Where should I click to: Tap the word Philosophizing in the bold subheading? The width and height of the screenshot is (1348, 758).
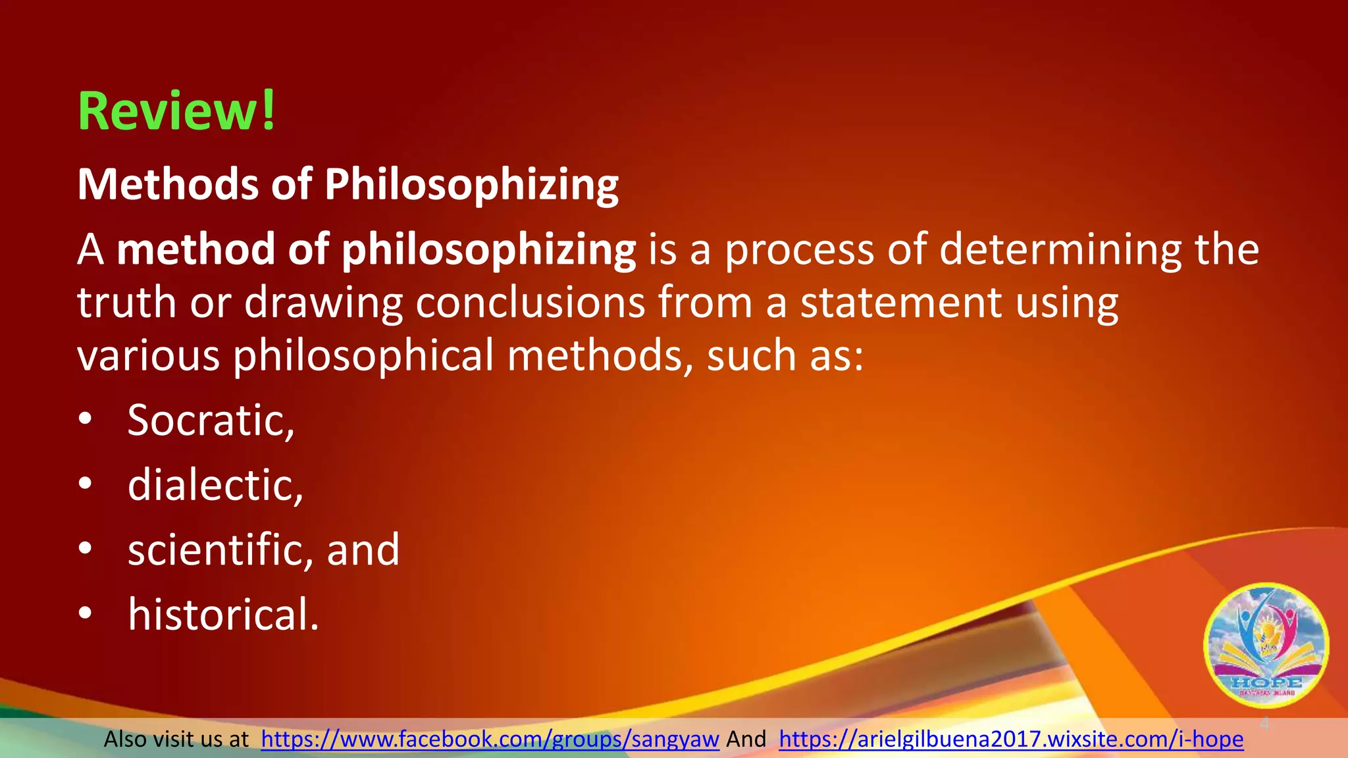click(x=471, y=185)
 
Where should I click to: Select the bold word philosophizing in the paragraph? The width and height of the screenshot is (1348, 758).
click(x=488, y=251)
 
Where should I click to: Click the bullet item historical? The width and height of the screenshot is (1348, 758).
click(x=223, y=614)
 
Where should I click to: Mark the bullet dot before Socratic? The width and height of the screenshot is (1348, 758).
click(x=86, y=420)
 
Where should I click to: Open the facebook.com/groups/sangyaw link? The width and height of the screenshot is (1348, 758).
click(x=490, y=739)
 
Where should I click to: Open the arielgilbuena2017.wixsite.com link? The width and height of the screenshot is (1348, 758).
click(x=1011, y=739)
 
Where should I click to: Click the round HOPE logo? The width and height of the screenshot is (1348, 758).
click(x=1266, y=645)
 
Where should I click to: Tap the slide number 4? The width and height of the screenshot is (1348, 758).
click(x=1264, y=724)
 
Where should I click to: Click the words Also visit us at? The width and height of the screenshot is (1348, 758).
click(x=176, y=739)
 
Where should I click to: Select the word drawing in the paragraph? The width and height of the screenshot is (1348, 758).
click(x=323, y=303)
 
